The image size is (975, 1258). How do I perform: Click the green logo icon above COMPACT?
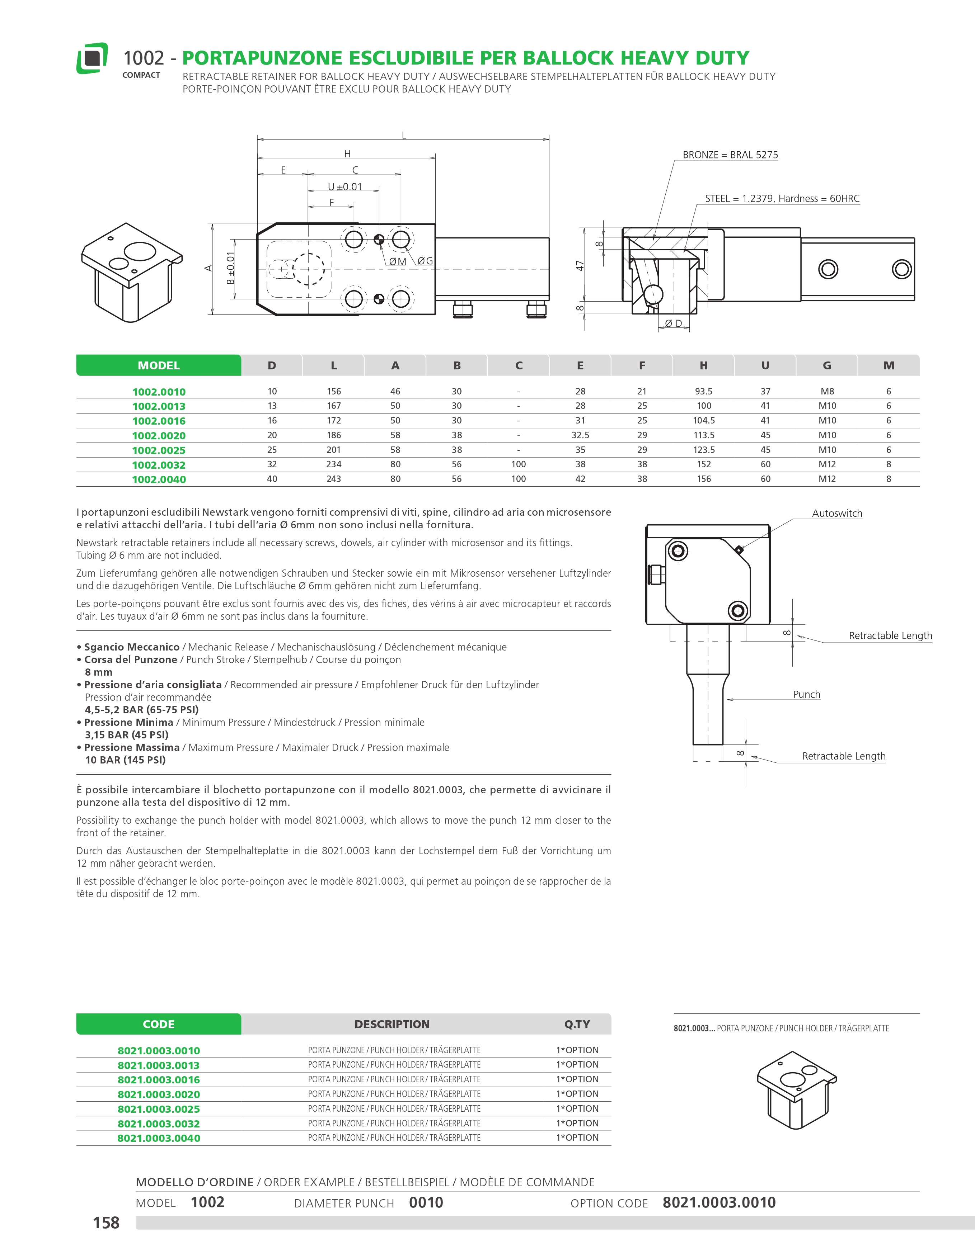92,58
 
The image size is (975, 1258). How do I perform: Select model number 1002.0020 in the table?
159,435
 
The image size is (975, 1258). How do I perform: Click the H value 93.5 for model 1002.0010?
704,391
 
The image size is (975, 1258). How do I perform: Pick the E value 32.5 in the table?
580,435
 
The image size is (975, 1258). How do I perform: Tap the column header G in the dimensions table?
827,365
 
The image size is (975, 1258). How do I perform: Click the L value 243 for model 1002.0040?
334,479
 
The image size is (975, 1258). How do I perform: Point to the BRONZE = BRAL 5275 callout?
730,155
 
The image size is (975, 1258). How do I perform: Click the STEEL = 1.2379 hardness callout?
782,199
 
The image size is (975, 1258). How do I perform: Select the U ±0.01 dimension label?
344,186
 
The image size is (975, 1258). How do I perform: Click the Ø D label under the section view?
674,324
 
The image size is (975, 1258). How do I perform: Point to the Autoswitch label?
837,513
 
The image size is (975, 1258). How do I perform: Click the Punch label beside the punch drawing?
806,695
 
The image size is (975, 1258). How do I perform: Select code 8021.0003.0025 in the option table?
159,1109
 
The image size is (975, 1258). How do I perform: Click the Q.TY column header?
577,1024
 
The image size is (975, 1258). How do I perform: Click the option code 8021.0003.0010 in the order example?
718,1203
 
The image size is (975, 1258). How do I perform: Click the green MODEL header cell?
159,365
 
